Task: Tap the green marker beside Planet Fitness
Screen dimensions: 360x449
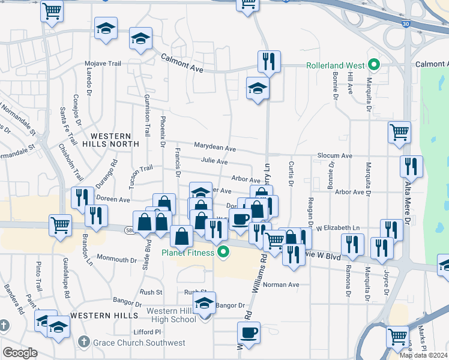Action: pos(223,252)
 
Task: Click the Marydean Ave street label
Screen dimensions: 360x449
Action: pos(214,146)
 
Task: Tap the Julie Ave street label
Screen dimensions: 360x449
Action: pos(214,161)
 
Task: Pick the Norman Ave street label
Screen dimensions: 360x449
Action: pos(281,284)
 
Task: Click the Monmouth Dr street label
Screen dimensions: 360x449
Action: pos(117,260)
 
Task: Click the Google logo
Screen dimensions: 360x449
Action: pos(19,353)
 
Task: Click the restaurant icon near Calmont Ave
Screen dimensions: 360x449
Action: pos(268,61)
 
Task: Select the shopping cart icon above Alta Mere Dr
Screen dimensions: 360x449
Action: pos(399,132)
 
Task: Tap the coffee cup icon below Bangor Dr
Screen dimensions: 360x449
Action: pos(248,332)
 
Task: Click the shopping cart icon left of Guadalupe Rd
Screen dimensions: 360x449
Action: pos(59,226)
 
